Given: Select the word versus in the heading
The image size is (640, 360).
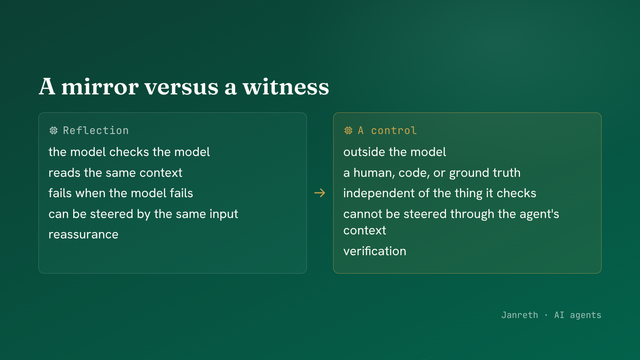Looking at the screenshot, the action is [x=182, y=88].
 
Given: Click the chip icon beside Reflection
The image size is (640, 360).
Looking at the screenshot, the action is [x=54, y=130].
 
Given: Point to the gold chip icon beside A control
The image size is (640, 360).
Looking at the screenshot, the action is [x=348, y=130].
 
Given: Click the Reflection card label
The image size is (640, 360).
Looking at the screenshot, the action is [x=96, y=130].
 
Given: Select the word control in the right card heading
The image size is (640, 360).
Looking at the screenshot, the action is [x=394, y=130].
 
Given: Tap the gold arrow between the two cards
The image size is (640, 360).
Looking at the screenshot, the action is [x=320, y=193].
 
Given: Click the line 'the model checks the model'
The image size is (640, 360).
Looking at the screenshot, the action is [x=129, y=152].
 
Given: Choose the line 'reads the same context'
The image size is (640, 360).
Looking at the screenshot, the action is [x=116, y=172].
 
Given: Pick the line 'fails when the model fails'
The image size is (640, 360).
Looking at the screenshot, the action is [x=121, y=193].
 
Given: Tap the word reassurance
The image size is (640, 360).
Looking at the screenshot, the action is [x=84, y=234].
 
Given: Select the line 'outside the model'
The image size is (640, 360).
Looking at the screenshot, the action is [x=394, y=152].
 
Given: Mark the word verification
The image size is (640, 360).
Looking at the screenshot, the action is [x=375, y=251].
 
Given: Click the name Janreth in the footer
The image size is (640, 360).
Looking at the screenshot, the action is [x=520, y=315].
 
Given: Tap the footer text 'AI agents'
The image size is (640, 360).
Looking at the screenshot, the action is [x=578, y=315].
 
